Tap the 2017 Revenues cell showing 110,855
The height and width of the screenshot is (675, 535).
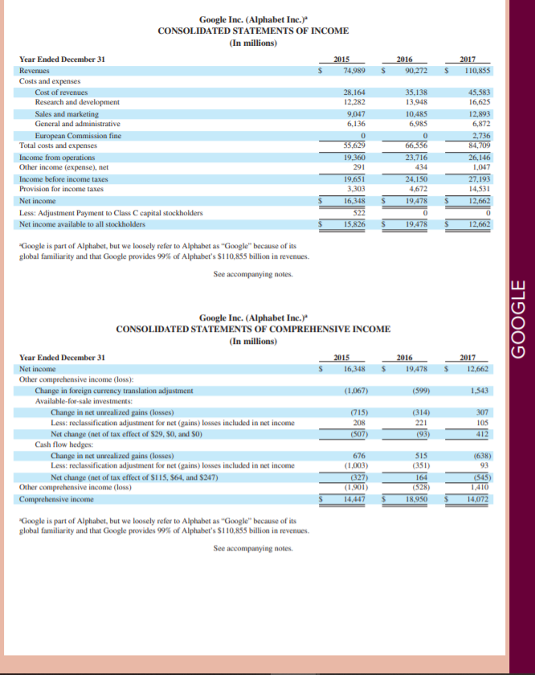(x=476, y=71)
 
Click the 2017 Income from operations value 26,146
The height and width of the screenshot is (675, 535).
(x=480, y=158)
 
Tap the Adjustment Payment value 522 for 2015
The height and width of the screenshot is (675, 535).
(x=359, y=212)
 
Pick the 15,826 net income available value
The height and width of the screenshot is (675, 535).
(x=354, y=224)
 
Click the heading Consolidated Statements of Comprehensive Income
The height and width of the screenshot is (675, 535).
(x=253, y=329)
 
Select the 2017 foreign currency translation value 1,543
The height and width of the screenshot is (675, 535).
(x=481, y=390)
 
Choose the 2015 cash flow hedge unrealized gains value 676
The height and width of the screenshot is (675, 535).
(x=359, y=454)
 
